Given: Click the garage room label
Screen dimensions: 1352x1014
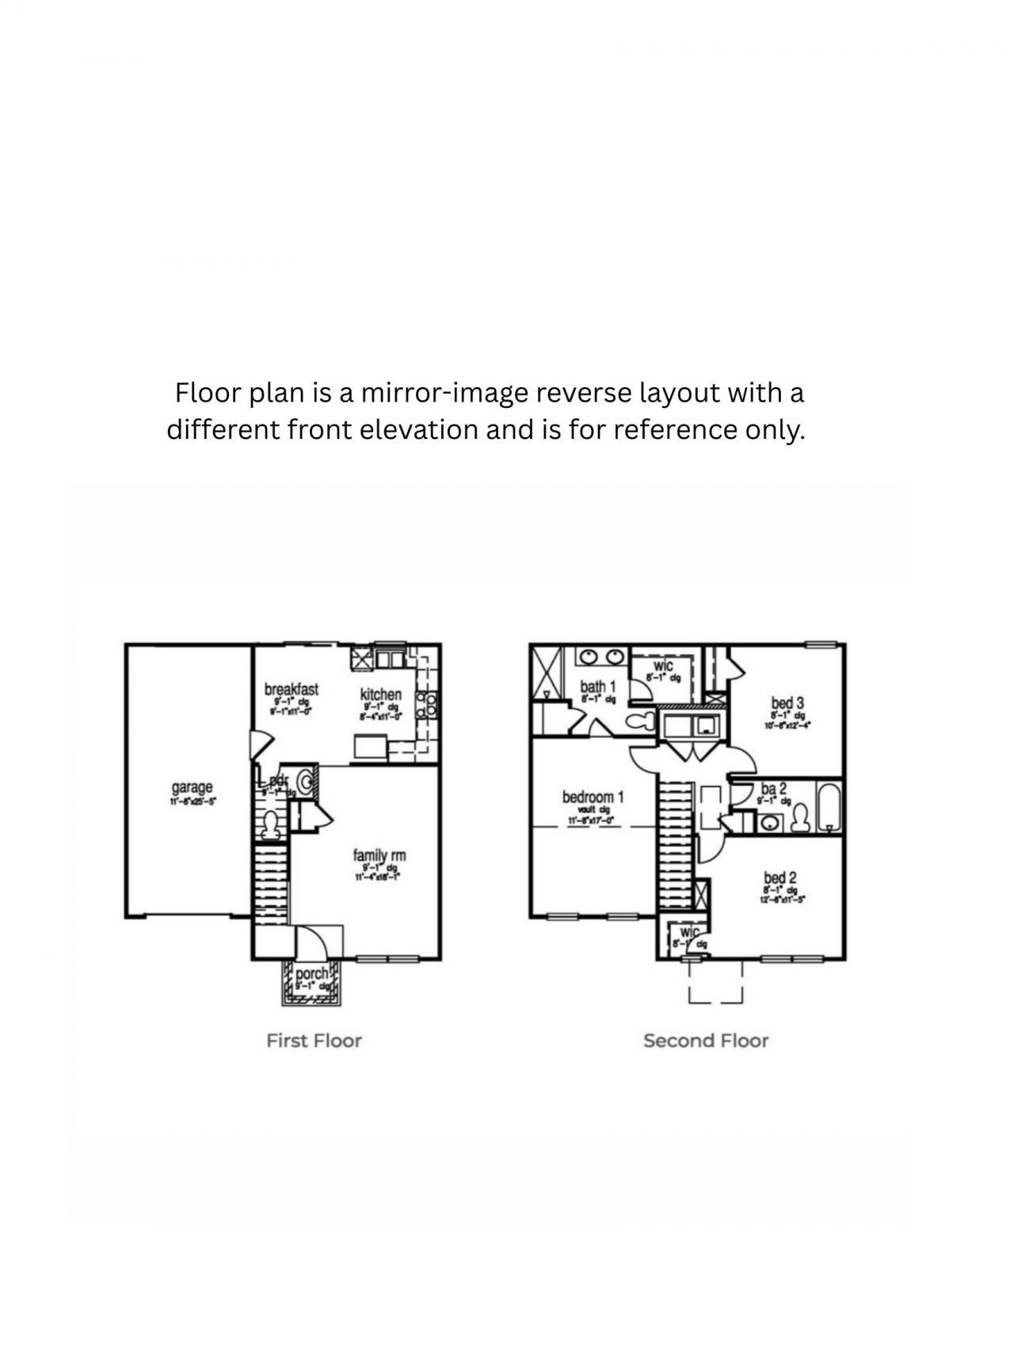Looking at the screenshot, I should coord(193,787).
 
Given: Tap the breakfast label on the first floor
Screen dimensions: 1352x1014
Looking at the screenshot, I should coord(292,689).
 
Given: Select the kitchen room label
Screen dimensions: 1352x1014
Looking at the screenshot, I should coord(381,695).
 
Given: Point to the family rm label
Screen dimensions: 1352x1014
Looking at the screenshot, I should coord(379,855).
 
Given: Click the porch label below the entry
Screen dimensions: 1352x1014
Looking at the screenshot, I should coord(311,973).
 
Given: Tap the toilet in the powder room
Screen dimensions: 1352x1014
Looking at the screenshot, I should coord(272,824).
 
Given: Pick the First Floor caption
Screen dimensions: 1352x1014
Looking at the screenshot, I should coord(314,1041).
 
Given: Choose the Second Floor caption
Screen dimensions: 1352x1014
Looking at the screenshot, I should coord(706,1041).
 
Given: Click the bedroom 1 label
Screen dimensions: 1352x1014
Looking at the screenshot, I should coord(593,797).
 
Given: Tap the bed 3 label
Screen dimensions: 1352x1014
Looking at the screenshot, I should coord(787,703).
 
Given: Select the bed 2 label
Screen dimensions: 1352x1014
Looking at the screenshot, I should coord(780,878).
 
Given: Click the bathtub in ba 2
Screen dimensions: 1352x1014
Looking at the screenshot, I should coord(829,807).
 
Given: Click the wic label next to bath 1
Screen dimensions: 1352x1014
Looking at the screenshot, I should coord(663,666).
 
